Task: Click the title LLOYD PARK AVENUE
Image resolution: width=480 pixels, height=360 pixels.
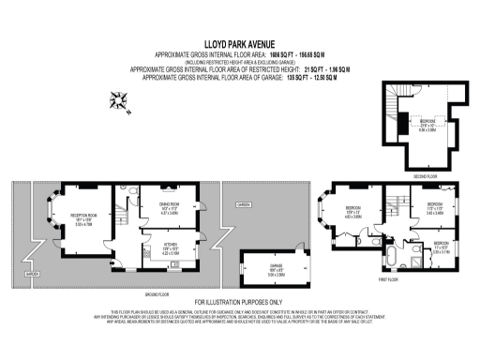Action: [239, 43]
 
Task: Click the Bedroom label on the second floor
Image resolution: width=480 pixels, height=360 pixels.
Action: [427, 124]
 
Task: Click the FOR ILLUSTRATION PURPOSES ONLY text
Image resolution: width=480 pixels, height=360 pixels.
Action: [239, 302]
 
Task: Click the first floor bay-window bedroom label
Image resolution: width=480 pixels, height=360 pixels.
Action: [354, 213]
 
